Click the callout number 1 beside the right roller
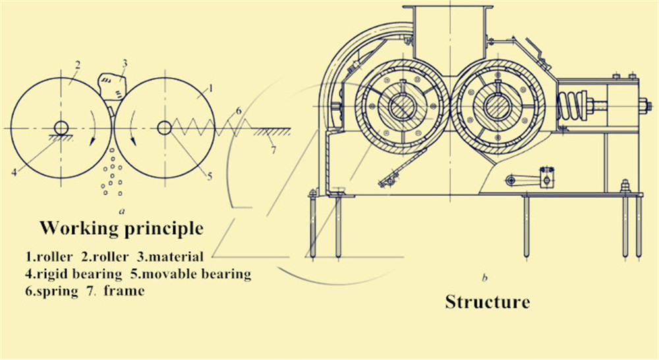coord(211,88)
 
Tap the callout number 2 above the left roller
coord(77,65)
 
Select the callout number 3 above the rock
coord(125,63)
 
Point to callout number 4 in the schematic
coord(14,171)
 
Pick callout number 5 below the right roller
coord(210,176)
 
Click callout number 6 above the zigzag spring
coord(239,111)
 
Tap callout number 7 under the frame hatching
coord(273,149)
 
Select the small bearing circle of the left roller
coord(61,128)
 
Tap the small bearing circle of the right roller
coord(164,128)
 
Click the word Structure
coord(488,302)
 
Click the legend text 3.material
coord(170,256)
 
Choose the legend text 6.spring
coord(51,291)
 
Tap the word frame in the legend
coord(124,291)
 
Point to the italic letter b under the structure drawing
coord(484,278)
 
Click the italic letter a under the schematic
coord(122,211)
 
